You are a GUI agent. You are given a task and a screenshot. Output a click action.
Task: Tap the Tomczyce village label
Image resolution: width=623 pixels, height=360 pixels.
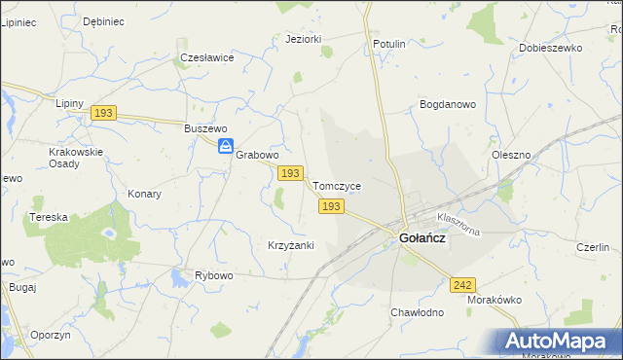coord(337,186)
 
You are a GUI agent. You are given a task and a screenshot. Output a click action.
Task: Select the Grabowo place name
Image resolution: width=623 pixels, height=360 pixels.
coord(258,155)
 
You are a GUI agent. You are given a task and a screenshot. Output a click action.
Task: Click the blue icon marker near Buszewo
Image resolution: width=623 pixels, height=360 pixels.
coord(225,147)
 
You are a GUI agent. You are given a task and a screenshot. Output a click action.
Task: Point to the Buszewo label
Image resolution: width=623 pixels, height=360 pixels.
coord(205,128)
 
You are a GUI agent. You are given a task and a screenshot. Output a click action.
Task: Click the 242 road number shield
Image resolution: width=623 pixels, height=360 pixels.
coord(463,285)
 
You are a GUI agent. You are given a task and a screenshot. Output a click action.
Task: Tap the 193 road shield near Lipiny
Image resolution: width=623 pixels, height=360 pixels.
coord(104,114)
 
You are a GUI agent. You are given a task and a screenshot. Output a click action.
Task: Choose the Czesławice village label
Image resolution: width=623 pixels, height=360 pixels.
coord(207,57)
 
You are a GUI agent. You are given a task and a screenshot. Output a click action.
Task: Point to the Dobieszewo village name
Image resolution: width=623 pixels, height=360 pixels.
coord(550,48)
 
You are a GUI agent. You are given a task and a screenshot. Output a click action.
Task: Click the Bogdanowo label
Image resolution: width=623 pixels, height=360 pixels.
coord(447,103)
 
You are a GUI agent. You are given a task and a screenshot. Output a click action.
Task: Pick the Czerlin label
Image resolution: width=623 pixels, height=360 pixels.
coord(592,247)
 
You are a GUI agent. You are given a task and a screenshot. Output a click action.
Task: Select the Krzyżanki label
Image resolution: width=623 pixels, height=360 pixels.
coord(290,245)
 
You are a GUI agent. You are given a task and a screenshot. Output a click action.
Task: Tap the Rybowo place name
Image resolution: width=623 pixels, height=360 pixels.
coord(214,275)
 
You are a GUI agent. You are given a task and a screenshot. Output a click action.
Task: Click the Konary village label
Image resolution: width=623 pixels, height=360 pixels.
coord(144,194)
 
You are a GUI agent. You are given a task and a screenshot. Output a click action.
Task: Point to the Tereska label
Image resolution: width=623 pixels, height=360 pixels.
coord(49,217)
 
